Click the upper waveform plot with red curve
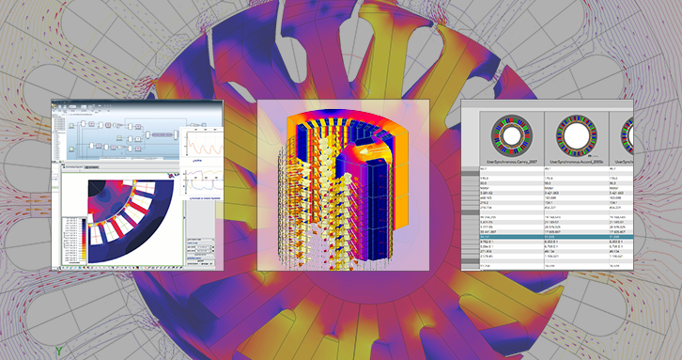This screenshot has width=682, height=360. [x=203, y=146]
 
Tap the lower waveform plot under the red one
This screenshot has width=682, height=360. [x=203, y=182]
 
